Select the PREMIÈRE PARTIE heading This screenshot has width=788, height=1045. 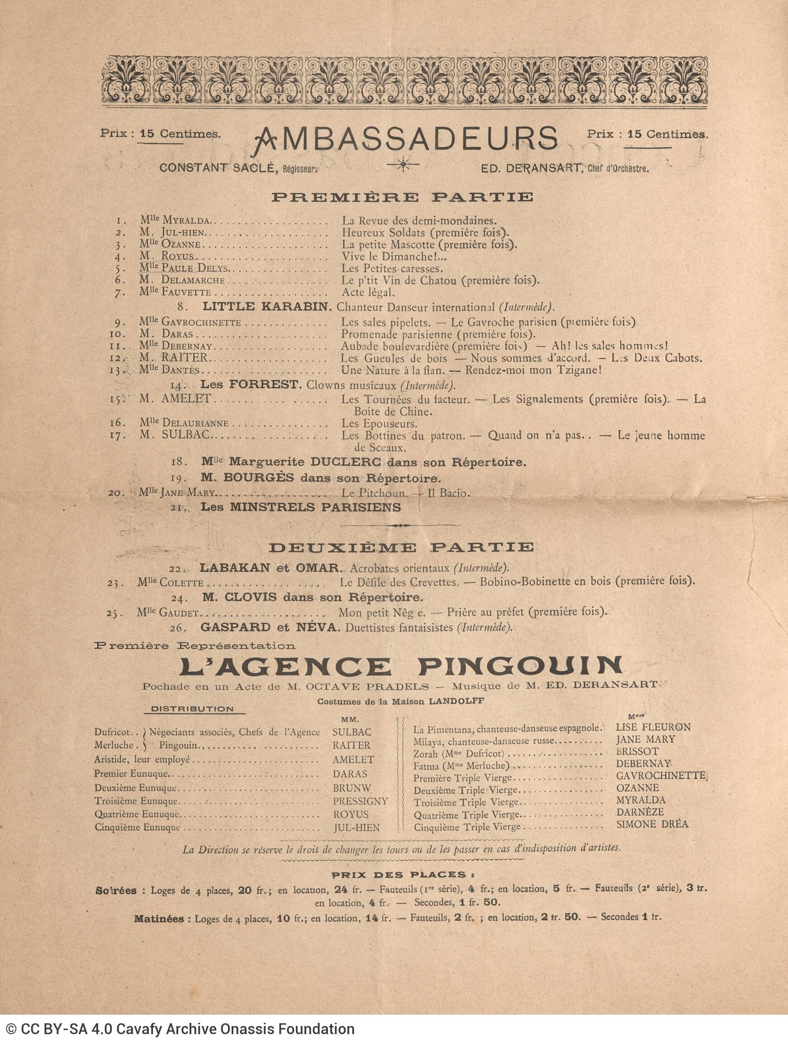click(402, 197)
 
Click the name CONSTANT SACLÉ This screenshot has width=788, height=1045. click(218, 168)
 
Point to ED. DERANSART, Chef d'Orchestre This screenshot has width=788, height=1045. click(564, 168)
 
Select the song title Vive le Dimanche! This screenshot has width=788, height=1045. click(394, 257)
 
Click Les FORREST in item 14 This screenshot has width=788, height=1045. click(251, 385)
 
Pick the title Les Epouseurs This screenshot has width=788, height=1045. click(379, 423)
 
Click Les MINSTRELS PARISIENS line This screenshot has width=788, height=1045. click(301, 507)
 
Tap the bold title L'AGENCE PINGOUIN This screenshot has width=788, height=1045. click(401, 666)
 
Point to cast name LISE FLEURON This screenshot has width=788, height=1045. click(653, 728)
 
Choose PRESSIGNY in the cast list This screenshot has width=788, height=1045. click(360, 801)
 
